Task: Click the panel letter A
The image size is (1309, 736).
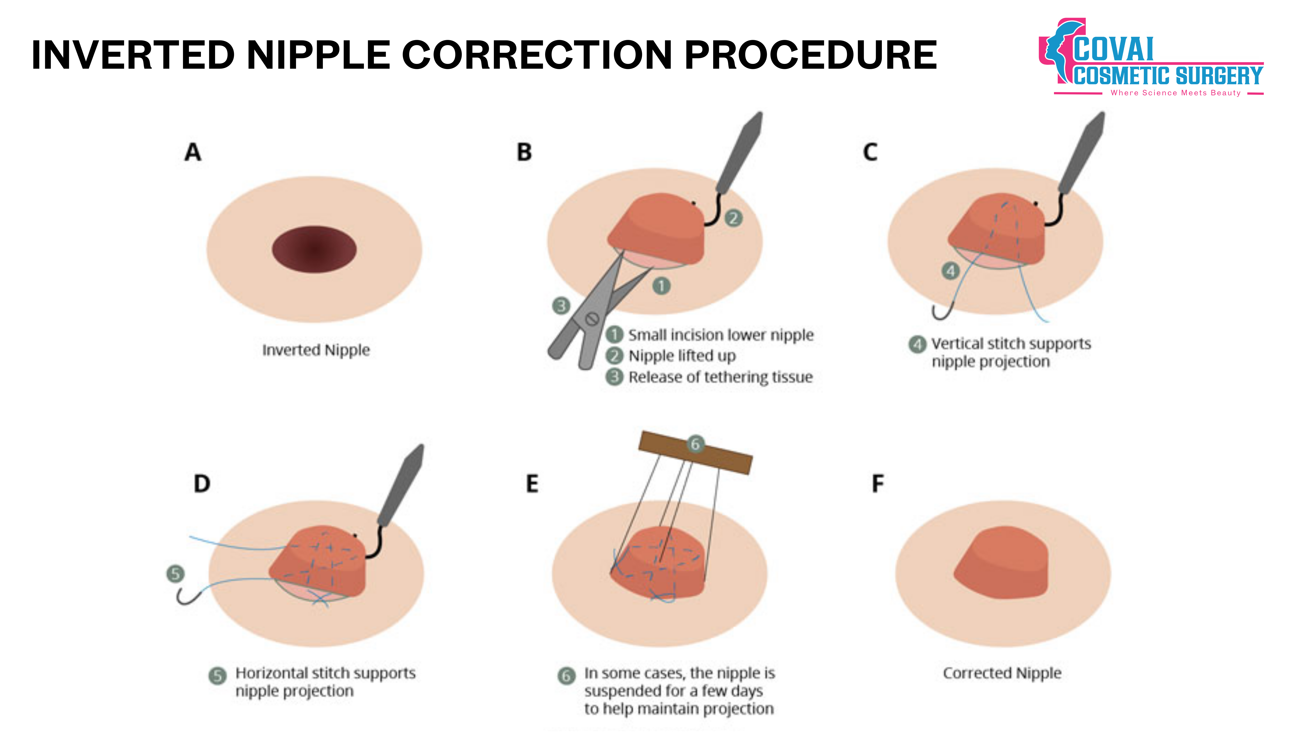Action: (x=193, y=152)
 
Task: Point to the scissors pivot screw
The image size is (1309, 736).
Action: (x=591, y=319)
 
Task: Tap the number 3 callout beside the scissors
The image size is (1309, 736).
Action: (x=561, y=306)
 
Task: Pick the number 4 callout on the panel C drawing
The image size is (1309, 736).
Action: (x=950, y=271)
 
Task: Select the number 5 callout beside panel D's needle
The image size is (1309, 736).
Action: (x=175, y=574)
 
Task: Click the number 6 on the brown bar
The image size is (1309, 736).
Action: (x=695, y=444)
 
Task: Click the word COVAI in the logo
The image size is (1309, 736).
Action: (x=1113, y=50)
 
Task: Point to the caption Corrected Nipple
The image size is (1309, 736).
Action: (x=1002, y=673)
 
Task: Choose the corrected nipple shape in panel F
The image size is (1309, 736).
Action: (x=1001, y=564)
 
